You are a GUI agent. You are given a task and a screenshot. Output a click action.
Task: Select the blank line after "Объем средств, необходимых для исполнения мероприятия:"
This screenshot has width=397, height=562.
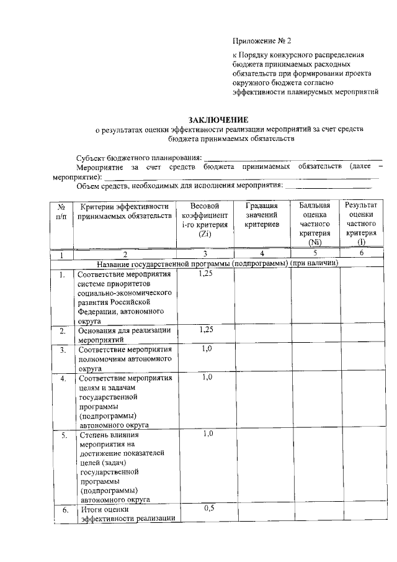[331, 185]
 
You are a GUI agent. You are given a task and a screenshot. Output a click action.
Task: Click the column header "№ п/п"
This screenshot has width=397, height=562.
[61, 211]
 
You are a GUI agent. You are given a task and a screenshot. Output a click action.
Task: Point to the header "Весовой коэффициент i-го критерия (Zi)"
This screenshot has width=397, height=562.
[205, 220]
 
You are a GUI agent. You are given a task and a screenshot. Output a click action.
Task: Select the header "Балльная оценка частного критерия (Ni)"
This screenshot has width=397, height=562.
[314, 224]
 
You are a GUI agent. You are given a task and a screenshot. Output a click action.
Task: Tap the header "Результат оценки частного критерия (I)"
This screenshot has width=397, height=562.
[362, 224]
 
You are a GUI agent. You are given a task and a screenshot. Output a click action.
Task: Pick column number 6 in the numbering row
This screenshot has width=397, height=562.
[362, 254]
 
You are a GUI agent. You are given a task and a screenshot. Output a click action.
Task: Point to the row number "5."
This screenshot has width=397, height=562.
[64, 436]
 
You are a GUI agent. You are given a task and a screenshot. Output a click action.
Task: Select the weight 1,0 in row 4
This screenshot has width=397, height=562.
[208, 377]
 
